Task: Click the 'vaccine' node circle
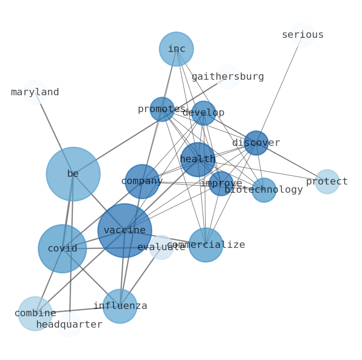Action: tap(124, 231)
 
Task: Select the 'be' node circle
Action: tap(73, 174)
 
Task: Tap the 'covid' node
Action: tap(62, 249)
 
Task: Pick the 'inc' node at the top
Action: tap(176, 49)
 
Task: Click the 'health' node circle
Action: tap(197, 159)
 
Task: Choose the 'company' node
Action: tap(142, 181)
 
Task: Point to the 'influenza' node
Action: tap(120, 306)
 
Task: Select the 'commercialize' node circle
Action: tap(206, 245)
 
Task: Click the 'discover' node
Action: tap(256, 143)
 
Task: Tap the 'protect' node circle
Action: tap(327, 182)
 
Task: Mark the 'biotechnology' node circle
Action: tap(264, 190)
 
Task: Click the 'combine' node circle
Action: tap(35, 314)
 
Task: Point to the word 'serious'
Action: tap(303, 35)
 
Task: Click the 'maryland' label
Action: tap(35, 93)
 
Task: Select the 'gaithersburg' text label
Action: tap(228, 77)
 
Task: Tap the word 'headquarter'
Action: tap(69, 325)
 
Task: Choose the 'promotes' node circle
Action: tap(162, 109)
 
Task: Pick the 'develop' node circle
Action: tap(203, 113)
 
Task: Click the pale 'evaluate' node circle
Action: tap(161, 247)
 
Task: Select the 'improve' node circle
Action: tap(221, 184)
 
